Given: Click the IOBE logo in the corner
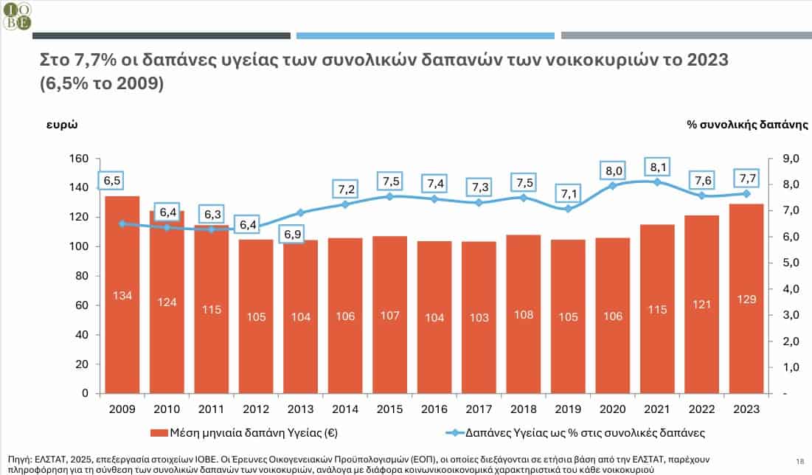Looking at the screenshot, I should point(17,15).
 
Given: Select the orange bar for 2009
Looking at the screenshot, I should point(122,294).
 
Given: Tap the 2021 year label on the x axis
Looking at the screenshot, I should point(657,408).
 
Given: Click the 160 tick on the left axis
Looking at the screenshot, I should point(79,159).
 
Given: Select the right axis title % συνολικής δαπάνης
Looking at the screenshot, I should point(747,125).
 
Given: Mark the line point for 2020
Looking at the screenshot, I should point(613,185).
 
